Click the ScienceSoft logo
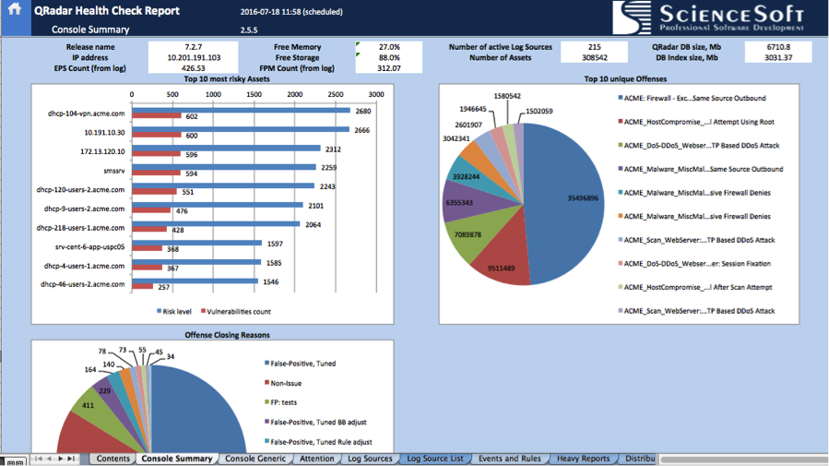point(709,17)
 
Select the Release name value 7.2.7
point(193,46)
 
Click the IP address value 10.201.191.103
point(193,57)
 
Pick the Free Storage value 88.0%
point(389,57)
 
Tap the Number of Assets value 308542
point(594,57)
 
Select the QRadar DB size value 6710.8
point(777,46)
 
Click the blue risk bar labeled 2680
point(241,111)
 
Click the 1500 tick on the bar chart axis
point(254,94)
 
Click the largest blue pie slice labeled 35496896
point(563,198)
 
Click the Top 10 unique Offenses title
point(622,79)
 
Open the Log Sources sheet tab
point(369,459)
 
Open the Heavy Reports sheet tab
point(582,459)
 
